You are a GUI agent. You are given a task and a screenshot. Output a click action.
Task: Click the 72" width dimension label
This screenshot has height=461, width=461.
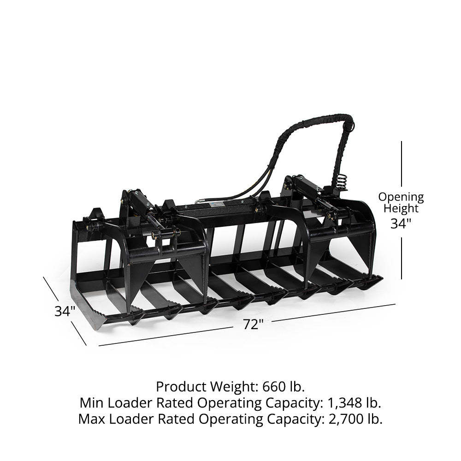(x=253, y=324)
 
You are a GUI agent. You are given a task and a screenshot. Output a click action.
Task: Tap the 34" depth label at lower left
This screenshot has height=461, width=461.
(x=65, y=311)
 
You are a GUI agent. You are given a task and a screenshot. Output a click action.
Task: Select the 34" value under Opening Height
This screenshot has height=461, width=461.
(x=401, y=224)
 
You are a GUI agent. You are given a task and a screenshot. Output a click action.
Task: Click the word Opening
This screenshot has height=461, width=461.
(x=401, y=198)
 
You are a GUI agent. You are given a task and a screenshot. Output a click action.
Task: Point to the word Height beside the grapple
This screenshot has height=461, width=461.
(x=401, y=208)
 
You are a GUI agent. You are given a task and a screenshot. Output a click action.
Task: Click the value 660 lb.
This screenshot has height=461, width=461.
(x=284, y=387)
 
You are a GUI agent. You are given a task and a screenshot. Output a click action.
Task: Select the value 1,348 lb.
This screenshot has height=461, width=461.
(x=354, y=403)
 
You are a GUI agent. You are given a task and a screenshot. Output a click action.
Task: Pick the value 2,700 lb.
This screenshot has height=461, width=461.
(x=355, y=419)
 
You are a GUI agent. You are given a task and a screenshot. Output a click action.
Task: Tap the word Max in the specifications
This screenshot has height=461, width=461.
(x=91, y=419)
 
